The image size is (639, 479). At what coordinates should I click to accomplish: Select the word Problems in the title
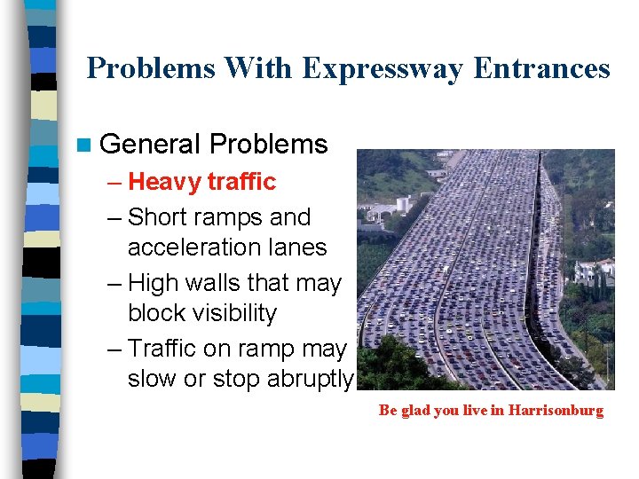(151, 68)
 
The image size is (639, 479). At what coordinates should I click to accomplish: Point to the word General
(151, 145)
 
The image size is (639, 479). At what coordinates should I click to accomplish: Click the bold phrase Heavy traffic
(202, 182)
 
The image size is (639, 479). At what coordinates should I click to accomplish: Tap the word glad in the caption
(414, 411)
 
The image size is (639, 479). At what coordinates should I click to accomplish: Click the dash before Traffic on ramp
(117, 349)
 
